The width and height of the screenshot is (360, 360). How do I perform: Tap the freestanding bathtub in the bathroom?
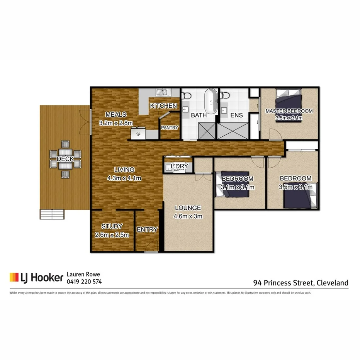coord(211,100)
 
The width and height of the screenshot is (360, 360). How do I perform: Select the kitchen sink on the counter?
coord(162,92)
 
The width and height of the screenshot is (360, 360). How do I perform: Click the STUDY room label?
coord(112,226)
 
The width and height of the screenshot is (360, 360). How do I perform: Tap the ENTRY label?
coord(147,229)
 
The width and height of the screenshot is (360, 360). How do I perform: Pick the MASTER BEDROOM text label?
coord(289,111)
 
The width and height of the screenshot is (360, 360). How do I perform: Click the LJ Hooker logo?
coord(37,277)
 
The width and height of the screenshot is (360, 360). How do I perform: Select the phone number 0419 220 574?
coord(85,282)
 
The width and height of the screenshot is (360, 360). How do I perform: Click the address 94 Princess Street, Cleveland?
coord(301,283)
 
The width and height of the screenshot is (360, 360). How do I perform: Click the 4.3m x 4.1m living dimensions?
coord(124,178)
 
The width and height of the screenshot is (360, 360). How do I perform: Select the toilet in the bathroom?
coord(187,95)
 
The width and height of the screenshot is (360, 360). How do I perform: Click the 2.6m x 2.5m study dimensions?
coord(112,234)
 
